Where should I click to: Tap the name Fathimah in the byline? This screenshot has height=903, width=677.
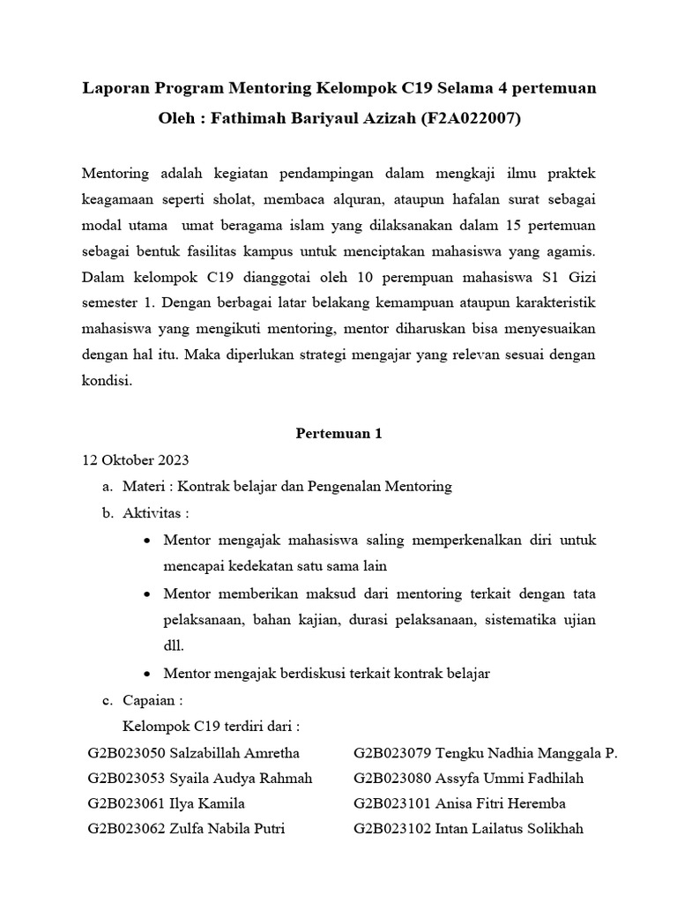coord(246,118)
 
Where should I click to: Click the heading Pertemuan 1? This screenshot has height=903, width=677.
coord(338,435)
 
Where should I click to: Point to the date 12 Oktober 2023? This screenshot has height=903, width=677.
coord(135,460)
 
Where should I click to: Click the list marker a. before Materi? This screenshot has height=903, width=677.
coord(109,486)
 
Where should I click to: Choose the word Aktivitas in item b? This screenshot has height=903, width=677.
coord(153,512)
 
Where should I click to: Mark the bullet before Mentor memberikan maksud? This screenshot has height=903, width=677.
coord(146,595)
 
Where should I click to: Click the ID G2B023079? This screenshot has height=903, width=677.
coord(391,753)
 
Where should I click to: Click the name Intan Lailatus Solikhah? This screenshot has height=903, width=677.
coord(510,829)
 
